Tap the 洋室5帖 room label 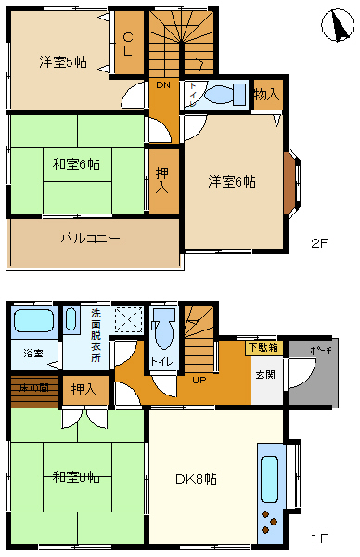click(x=63, y=62)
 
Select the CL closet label click(x=129, y=45)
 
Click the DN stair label click(x=163, y=85)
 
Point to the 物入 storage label click(x=266, y=95)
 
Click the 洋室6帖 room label click(x=231, y=181)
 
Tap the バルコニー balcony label click(x=91, y=239)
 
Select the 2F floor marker click(x=319, y=245)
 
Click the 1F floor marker click(x=318, y=538)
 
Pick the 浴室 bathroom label click(x=32, y=354)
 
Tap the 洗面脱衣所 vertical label click(x=96, y=333)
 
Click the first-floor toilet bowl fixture click(x=165, y=328)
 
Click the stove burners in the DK click(x=270, y=522)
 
